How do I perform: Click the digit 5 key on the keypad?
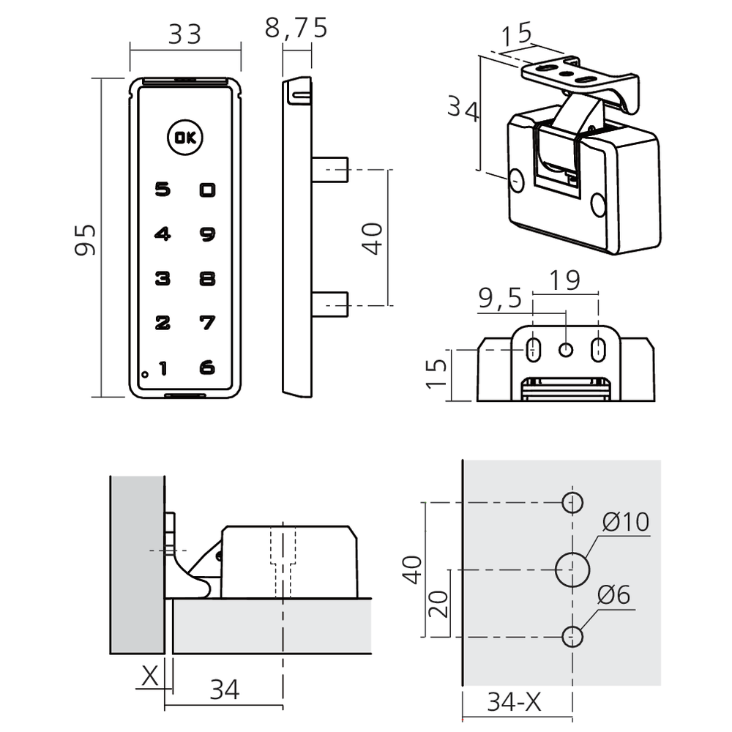click(163, 190)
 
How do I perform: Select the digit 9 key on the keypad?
click(208, 234)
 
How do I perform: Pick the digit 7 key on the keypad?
click(208, 322)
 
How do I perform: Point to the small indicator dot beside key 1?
click(145, 374)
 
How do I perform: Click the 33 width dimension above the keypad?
click(184, 34)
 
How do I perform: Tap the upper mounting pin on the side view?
click(330, 169)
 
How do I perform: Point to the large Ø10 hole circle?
click(572, 569)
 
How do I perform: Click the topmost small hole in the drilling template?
click(572, 503)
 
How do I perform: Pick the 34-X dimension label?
click(515, 703)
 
